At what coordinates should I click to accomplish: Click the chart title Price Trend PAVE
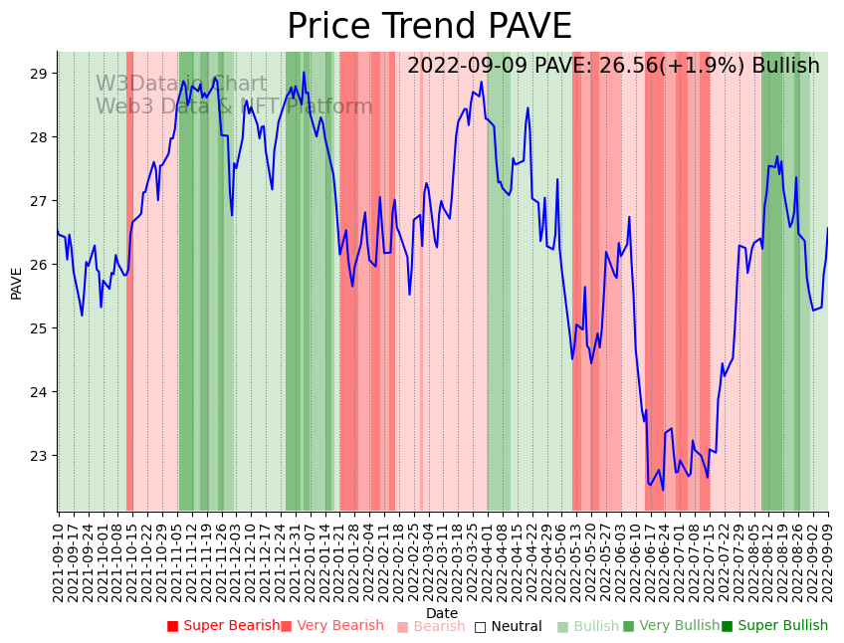[x=429, y=27]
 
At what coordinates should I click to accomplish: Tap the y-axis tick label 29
[x=39, y=74]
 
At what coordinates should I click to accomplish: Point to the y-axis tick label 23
[x=39, y=456]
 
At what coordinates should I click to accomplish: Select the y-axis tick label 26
[x=39, y=265]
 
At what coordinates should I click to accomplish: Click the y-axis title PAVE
[x=16, y=282]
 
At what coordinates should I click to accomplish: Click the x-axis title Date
[x=442, y=613]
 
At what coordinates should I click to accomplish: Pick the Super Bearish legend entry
[x=224, y=626]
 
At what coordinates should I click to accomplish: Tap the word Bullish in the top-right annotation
[x=786, y=66]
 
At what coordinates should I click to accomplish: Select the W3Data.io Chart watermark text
[x=181, y=84]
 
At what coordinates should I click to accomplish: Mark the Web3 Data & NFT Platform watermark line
[x=234, y=107]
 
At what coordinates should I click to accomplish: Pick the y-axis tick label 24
[x=39, y=392]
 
